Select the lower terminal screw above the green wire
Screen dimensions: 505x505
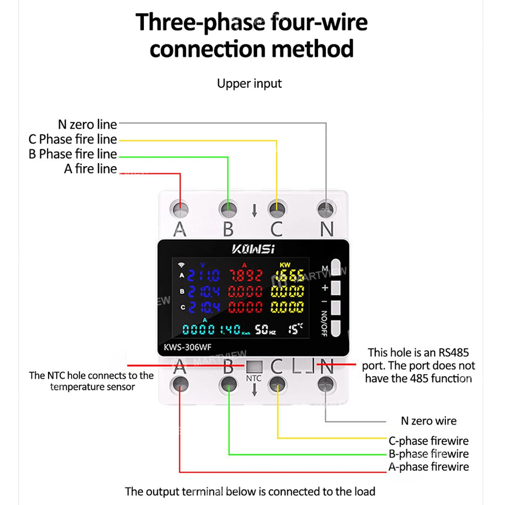[x=229, y=385]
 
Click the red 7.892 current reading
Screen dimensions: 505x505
[x=246, y=276]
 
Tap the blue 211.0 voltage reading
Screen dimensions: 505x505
[x=204, y=276]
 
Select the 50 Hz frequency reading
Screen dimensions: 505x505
[x=265, y=330]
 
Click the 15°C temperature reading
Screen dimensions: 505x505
[x=296, y=329]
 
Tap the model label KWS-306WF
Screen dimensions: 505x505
[x=189, y=347]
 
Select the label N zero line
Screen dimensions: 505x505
[x=87, y=124]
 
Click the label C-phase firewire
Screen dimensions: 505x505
[x=428, y=441]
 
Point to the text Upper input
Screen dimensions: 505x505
[x=249, y=83]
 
